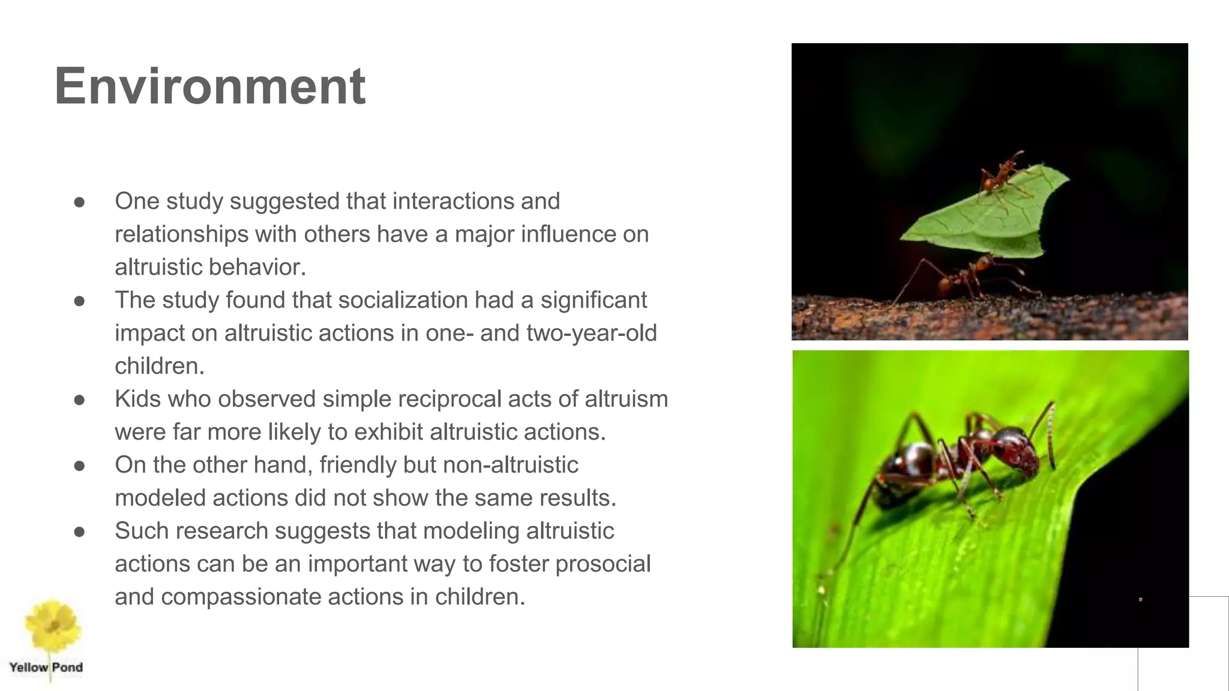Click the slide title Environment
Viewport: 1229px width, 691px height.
[209, 86]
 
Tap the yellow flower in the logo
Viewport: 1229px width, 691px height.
[52, 625]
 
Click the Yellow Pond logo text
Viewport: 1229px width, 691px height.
[46, 668]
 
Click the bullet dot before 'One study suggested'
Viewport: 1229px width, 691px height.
[79, 202]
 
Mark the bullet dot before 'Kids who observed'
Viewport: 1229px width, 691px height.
[79, 400]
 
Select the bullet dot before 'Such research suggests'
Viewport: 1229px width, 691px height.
[79, 532]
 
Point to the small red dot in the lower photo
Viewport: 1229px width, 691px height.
[1140, 599]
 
